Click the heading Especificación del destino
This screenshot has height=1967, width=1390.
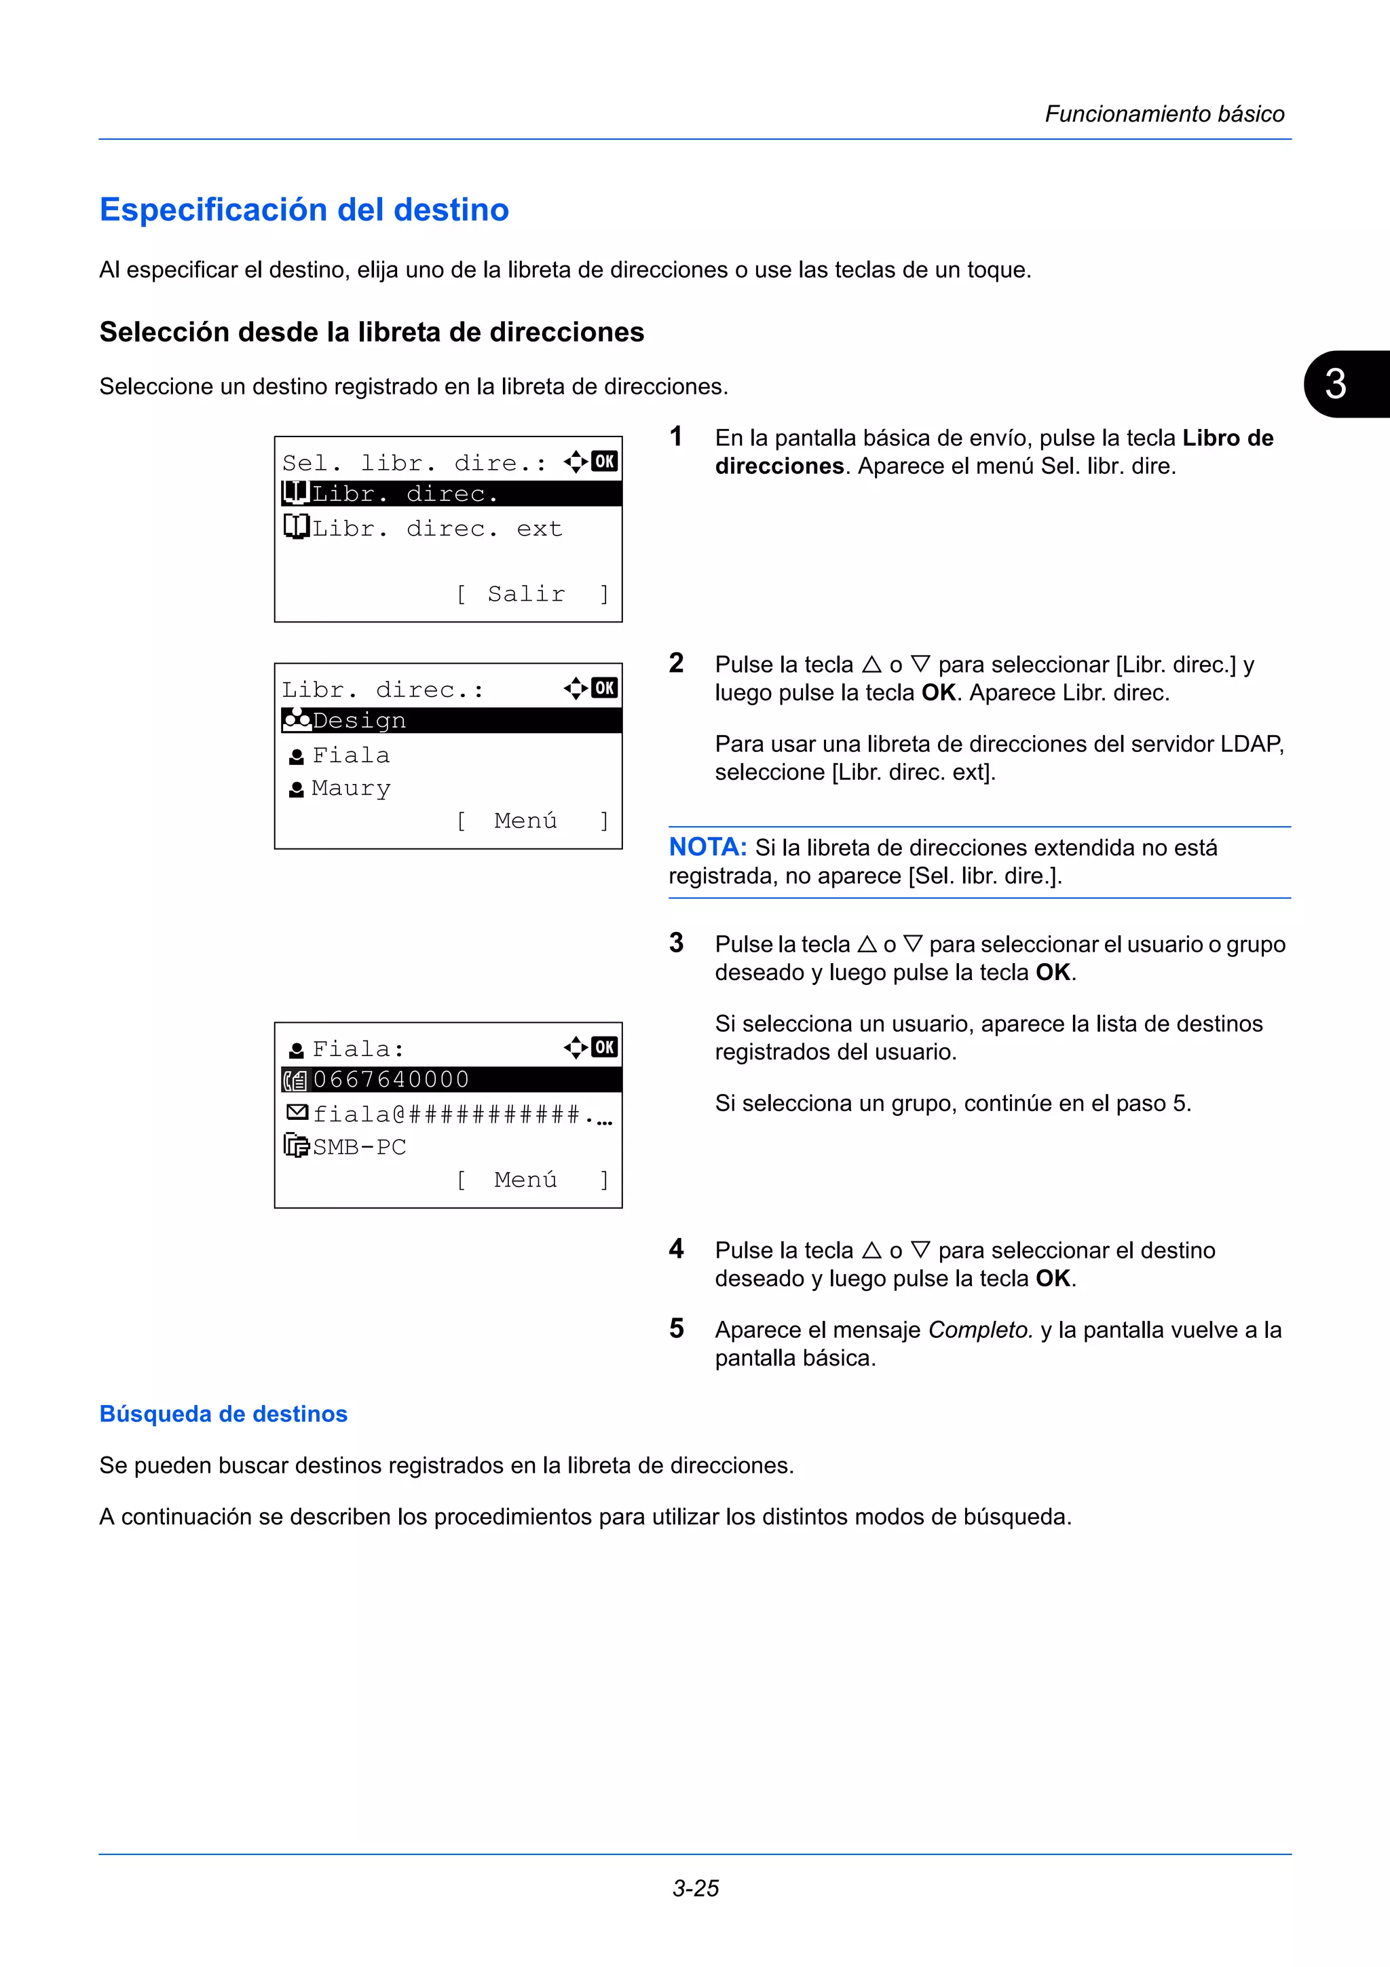click(x=304, y=210)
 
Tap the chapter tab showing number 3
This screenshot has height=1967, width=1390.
click(x=1336, y=383)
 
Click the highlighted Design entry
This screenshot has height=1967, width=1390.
click(x=359, y=721)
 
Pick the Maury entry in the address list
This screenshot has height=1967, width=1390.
click(x=350, y=788)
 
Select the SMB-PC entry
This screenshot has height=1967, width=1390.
click(x=359, y=1146)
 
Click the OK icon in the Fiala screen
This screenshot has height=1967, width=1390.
click(x=605, y=1047)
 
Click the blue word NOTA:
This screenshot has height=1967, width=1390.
click(x=707, y=847)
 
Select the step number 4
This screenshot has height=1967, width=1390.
click(x=677, y=1249)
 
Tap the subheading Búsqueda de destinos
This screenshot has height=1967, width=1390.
click(x=223, y=1414)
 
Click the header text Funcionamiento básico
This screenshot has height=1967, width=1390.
click(x=1164, y=114)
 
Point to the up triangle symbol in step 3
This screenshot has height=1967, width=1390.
click(x=867, y=944)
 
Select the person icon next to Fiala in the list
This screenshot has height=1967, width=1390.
click(x=297, y=757)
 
